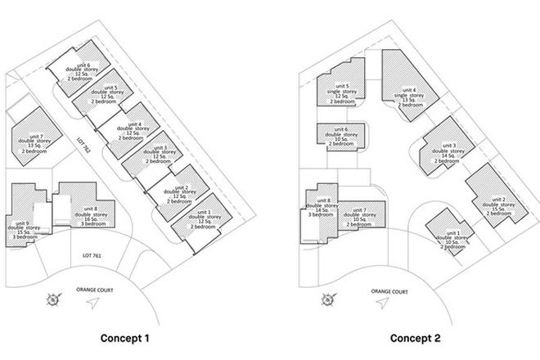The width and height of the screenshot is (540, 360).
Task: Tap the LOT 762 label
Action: [81, 144]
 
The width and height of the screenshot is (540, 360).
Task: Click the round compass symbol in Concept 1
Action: [54, 299]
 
